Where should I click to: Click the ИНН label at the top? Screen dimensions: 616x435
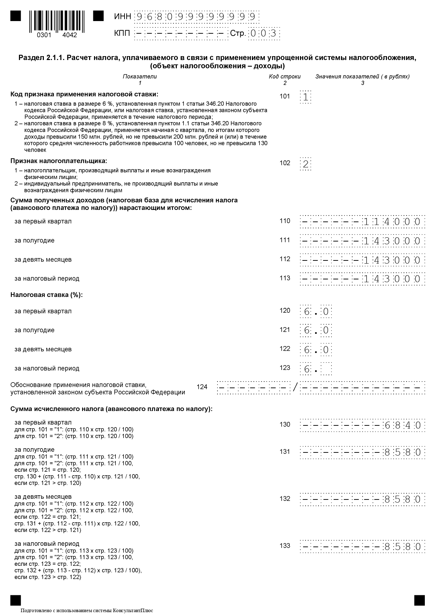pos(122,16)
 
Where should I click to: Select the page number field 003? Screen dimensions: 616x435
pos(264,34)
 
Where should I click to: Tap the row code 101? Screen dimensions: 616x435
pos(285,97)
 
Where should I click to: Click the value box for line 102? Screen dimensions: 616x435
pos(306,164)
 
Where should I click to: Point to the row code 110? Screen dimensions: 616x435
pos(285,221)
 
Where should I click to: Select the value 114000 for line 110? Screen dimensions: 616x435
pos(391,222)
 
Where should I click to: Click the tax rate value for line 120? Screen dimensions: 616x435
pos(316,312)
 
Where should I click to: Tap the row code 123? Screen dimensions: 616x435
pos(285,368)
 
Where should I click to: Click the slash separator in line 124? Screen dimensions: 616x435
pos(295,388)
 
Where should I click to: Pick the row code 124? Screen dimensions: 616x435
pos(202,387)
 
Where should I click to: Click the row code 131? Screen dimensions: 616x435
pos(285,452)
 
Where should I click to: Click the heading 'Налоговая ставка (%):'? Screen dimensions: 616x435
pos(46,295)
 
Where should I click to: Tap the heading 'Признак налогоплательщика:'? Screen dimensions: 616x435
pos(59,161)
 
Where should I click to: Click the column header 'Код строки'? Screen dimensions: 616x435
pos(285,77)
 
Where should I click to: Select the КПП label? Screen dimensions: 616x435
pos(122,33)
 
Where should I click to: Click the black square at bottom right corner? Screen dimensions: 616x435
pos(419,600)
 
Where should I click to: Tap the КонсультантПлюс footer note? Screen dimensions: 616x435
pos(87,611)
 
